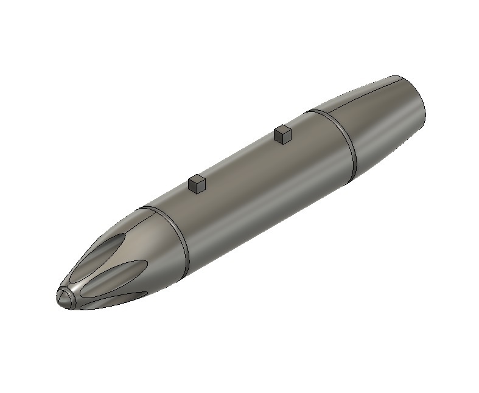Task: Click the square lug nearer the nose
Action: (197, 184)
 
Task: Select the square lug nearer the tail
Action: (283, 134)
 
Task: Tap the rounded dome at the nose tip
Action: (63, 298)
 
